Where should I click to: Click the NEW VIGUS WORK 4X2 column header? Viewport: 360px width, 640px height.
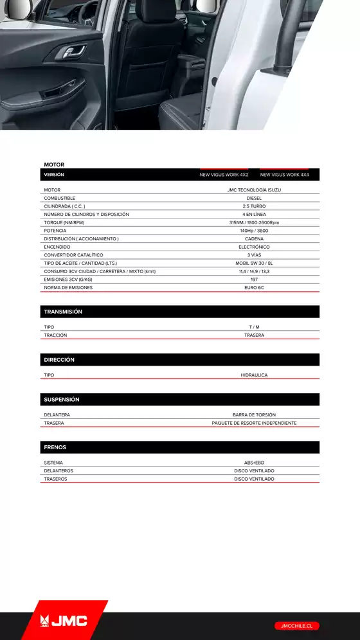point(224,175)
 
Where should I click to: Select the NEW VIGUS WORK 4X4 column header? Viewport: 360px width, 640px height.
point(284,175)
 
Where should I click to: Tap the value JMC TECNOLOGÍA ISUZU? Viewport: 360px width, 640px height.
point(254,190)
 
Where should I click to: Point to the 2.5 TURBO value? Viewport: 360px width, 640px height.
point(254,206)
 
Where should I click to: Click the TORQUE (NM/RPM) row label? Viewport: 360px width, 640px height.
point(64,222)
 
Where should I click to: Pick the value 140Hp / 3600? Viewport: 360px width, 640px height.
point(254,231)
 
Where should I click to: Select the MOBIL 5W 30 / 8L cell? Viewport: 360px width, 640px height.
point(254,263)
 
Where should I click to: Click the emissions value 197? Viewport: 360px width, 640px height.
point(254,280)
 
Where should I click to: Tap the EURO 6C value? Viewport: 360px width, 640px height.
point(254,287)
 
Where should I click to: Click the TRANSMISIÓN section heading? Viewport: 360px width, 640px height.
point(63,312)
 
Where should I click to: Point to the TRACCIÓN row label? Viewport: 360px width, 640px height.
point(55,335)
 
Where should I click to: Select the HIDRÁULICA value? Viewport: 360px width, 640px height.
point(254,375)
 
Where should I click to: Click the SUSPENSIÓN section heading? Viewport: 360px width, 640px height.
point(62,400)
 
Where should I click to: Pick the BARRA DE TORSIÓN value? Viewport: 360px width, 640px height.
point(254,415)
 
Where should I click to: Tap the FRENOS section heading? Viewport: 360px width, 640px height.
point(55,447)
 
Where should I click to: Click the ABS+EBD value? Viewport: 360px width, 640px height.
point(254,463)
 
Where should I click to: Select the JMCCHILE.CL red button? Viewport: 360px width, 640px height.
point(296,625)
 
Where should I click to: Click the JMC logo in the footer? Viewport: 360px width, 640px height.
point(64,621)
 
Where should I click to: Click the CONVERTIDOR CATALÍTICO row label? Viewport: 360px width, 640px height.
point(73,255)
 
